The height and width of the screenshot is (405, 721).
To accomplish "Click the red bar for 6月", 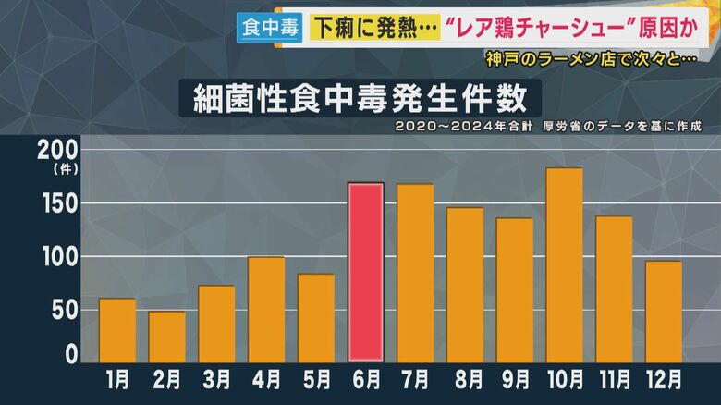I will point(365,272).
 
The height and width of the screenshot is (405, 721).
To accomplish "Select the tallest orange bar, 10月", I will point(564,265).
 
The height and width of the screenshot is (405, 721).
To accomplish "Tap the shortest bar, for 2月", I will point(166,337).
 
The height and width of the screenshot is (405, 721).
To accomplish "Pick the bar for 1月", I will point(117,330).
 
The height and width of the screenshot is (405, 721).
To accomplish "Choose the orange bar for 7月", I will point(415,273).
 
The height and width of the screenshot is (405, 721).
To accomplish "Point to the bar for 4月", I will point(266,310).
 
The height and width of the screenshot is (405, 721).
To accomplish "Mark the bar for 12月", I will point(663,312).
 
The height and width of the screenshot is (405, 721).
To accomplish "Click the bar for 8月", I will point(465,285).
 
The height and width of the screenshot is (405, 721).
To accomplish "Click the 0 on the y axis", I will point(71,353).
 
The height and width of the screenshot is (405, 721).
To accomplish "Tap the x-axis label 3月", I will point(216,379).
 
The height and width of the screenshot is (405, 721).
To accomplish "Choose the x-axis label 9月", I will point(514,379).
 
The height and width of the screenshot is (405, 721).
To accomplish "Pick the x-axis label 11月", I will point(613,379).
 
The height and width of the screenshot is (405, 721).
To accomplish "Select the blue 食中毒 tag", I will point(268,29).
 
